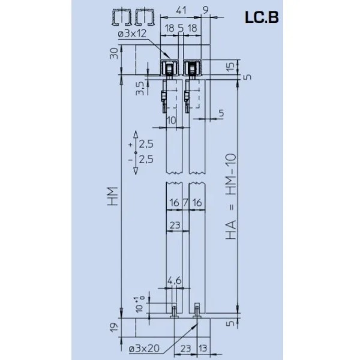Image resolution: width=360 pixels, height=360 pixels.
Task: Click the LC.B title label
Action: point(261,18)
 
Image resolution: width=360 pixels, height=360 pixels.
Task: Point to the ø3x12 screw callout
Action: point(134,34)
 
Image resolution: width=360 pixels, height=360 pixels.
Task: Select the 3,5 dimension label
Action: point(140,88)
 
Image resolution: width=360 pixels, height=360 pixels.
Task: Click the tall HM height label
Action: point(113,195)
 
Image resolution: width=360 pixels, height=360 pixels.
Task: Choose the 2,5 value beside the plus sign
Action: point(146,145)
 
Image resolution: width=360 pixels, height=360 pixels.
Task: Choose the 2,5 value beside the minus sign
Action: point(146,160)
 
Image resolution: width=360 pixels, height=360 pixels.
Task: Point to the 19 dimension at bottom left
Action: point(113,326)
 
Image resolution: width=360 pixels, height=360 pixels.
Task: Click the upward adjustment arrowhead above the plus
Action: point(136,134)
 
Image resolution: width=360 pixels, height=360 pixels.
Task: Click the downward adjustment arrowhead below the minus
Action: point(136,170)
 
